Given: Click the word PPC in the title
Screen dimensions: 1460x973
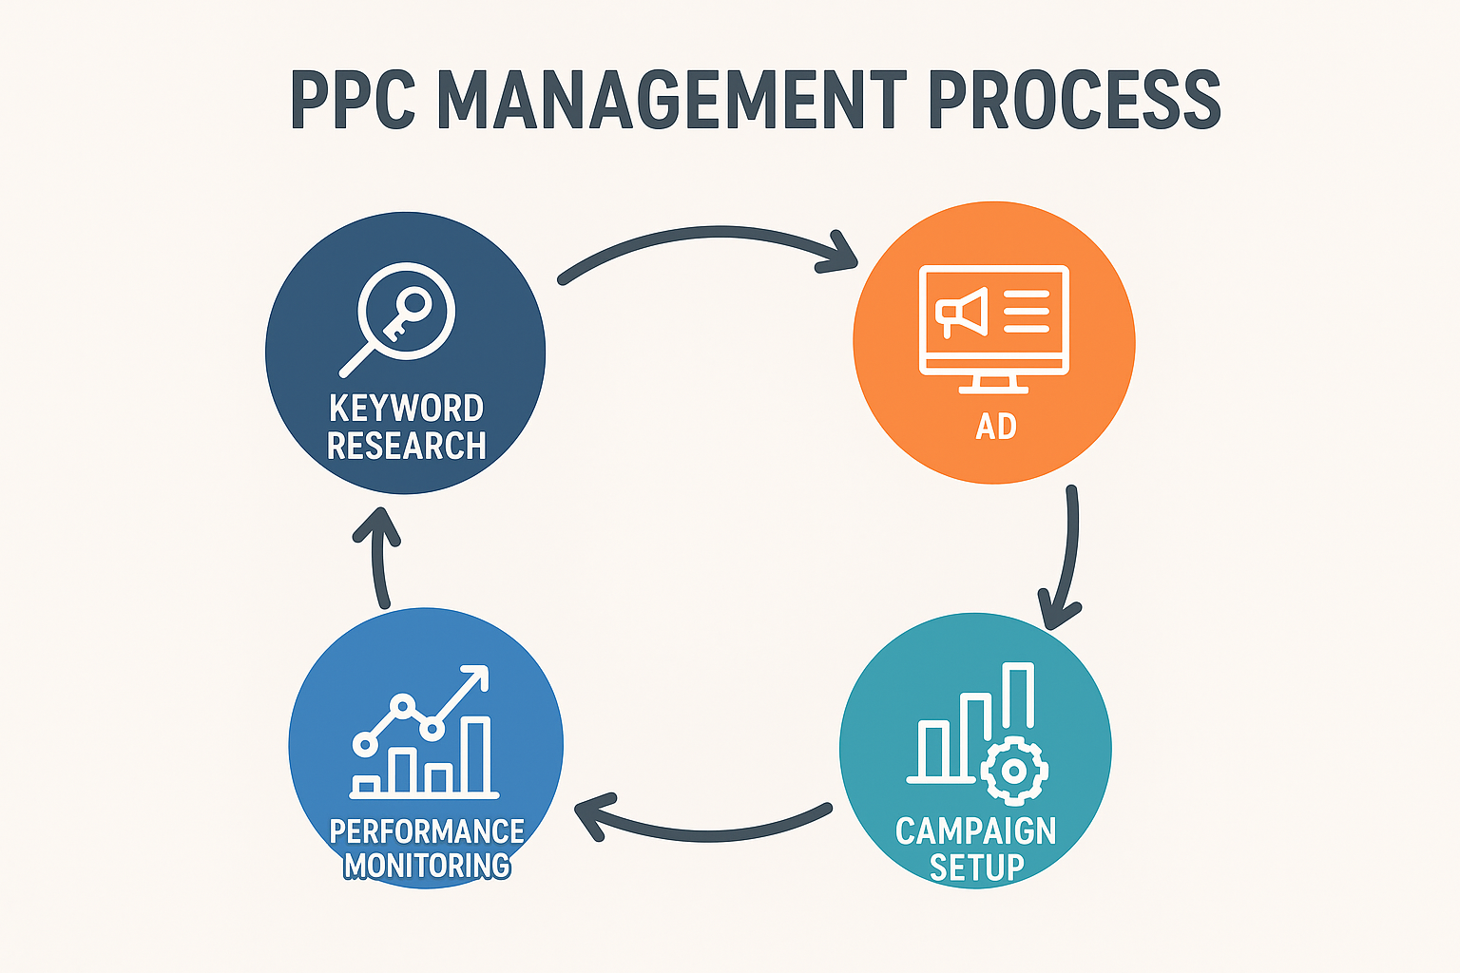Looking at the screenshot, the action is (353, 100).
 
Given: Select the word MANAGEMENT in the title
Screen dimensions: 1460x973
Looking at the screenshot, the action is (672, 100).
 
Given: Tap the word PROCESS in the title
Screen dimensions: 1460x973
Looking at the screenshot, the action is (1075, 100).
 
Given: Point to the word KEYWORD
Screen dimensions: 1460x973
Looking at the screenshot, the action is (406, 409).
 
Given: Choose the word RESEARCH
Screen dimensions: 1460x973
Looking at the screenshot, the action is (406, 446).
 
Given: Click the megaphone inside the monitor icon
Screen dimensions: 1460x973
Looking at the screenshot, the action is (962, 313).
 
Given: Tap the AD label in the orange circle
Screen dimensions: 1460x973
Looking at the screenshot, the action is (996, 427).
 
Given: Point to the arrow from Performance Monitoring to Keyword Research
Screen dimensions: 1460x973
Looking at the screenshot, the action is (377, 557).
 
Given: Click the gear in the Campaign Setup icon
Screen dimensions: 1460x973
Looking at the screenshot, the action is (1014, 771).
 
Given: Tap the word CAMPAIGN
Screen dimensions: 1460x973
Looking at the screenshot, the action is (975, 831).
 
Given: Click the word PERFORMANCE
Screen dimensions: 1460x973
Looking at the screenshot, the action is (427, 832).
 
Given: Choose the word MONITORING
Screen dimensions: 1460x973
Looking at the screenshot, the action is (427, 867).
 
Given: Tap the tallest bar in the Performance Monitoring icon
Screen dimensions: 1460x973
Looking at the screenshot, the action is (476, 754).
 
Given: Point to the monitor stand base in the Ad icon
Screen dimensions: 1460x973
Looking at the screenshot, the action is (993, 391).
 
